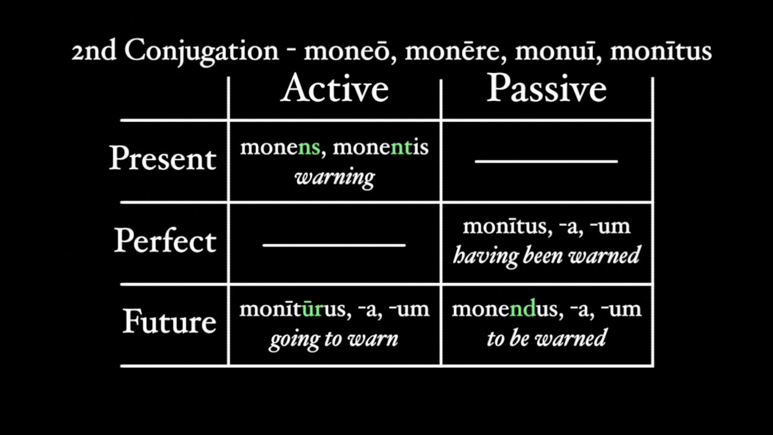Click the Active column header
(334, 89)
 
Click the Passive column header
(547, 89)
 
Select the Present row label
(162, 158)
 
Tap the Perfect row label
(165, 240)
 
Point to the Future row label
(169, 321)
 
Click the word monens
(280, 147)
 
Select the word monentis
(380, 147)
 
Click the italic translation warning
(335, 177)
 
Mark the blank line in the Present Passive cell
(546, 161)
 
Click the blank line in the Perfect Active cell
(334, 245)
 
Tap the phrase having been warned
(547, 255)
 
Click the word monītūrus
(292, 309)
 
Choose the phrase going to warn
(333, 338)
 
